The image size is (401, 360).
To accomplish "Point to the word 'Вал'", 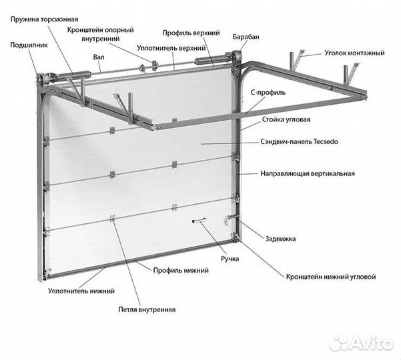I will coord(100,58).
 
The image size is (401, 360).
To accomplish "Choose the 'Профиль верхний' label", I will coord(190,31).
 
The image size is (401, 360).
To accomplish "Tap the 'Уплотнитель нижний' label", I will coord(81,291).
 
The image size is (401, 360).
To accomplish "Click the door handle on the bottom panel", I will coord(199,221).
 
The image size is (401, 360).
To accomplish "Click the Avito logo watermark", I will coord(361,343).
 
